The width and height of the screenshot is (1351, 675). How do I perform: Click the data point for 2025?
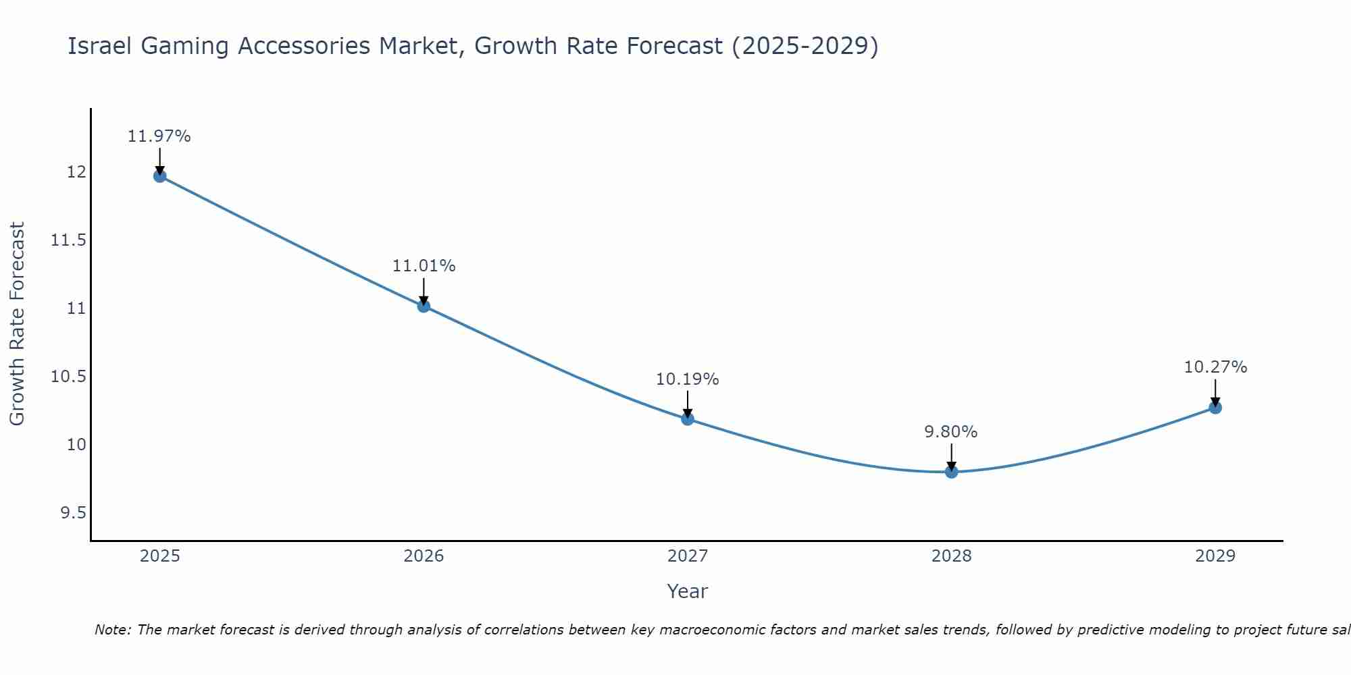pos(160,176)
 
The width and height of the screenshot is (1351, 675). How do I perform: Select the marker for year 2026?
pos(424,306)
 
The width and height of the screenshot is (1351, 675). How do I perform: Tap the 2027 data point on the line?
pos(688,418)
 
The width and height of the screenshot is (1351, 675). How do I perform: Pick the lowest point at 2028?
pos(951,472)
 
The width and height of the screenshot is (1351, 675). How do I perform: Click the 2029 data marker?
pos(1215,408)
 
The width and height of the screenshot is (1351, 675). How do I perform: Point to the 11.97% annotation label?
pos(159,136)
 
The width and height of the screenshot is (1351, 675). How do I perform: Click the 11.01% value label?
pos(424,266)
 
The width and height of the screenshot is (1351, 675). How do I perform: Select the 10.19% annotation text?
pos(688,379)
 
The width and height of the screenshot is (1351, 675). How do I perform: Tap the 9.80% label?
pos(951,432)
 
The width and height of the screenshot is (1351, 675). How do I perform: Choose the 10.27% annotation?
pos(1215,367)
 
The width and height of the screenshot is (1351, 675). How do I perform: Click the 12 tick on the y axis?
pos(76,172)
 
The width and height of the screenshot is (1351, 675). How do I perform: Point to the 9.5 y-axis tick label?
pos(73,513)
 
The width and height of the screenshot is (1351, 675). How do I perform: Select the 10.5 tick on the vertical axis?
pos(69,377)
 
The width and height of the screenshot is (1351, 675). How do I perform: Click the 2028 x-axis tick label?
pos(951,556)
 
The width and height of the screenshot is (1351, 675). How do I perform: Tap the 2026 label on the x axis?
pos(424,556)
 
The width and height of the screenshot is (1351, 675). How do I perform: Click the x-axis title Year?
pos(687,591)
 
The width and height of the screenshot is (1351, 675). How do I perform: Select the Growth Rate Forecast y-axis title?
pos(17,324)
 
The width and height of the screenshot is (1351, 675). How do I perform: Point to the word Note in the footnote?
pos(112,630)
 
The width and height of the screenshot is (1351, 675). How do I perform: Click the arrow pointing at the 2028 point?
pos(951,457)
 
